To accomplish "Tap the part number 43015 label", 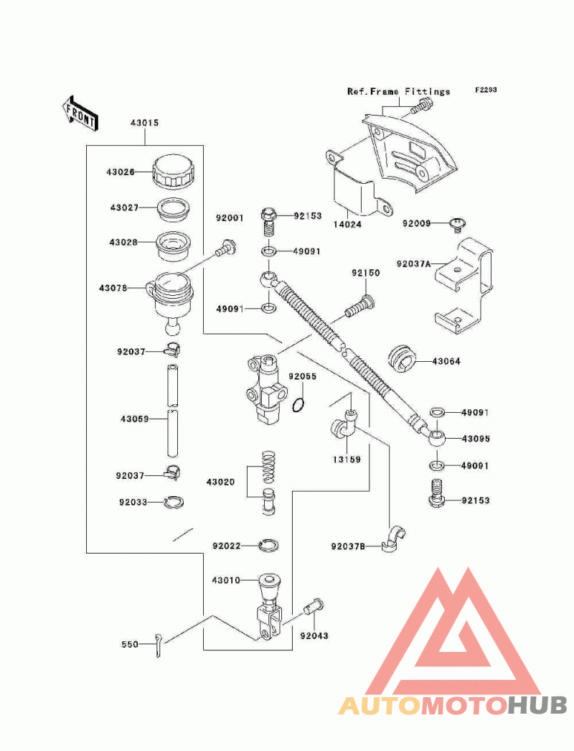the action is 145,123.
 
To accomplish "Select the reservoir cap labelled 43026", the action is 174,171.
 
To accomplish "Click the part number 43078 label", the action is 113,288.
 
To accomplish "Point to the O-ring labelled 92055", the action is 298,405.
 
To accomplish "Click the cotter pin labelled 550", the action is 159,645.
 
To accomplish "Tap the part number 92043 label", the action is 314,635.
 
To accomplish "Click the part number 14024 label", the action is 347,224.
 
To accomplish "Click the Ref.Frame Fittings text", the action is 398,91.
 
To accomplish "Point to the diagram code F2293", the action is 486,90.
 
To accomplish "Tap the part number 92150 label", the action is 366,273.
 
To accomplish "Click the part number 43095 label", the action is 476,438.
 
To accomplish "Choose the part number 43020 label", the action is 221,482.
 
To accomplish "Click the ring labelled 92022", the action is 268,544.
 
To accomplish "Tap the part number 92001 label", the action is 230,218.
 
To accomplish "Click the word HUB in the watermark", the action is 537,705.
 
